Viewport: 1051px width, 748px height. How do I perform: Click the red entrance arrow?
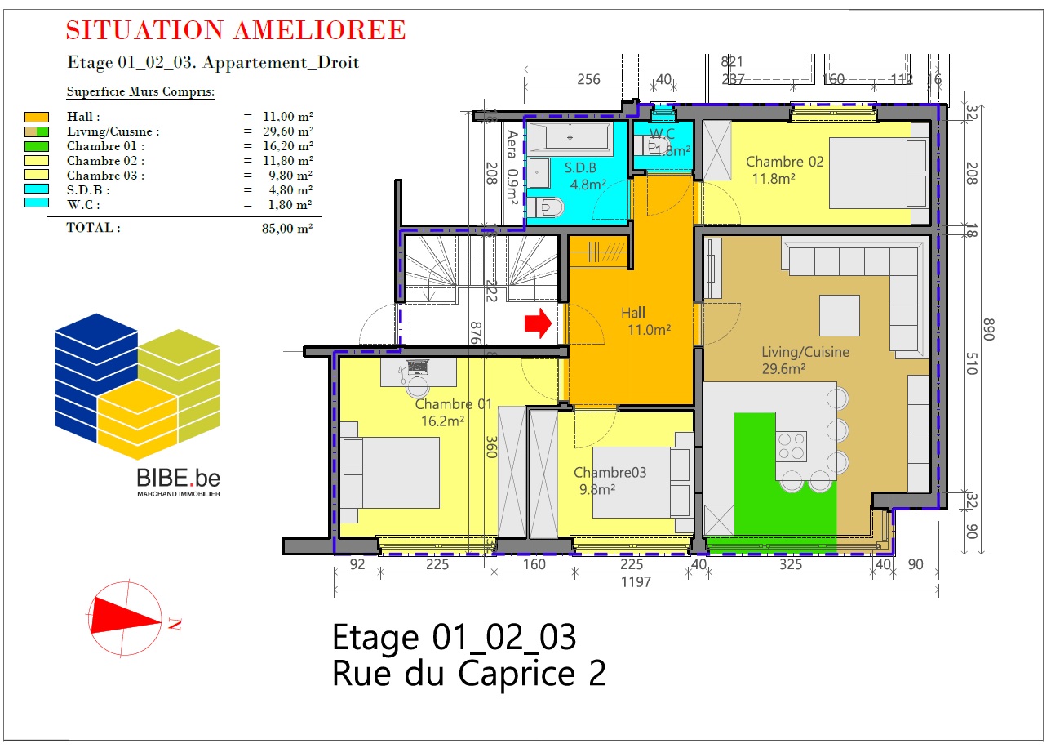coord(539,323)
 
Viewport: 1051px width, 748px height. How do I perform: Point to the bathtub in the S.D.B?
coord(570,138)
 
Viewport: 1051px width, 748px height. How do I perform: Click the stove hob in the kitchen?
coord(791,446)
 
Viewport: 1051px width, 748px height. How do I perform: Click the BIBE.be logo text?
coord(178,479)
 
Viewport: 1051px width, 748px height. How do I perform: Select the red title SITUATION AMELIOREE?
coord(236,30)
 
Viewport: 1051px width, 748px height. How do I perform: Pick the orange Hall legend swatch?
coord(37,117)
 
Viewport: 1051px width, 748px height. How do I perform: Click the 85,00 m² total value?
coord(287,229)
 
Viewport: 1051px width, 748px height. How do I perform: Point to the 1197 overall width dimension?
coord(636,582)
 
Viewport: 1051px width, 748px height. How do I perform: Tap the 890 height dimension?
coord(989,329)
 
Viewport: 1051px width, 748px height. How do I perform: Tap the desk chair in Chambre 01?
coord(417,387)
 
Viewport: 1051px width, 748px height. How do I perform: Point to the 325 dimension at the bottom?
coord(791,564)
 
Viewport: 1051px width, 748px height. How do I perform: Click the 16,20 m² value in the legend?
coord(287,146)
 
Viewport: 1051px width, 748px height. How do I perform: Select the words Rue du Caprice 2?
coord(469,674)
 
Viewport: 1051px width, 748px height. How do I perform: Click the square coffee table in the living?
coord(840,315)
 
